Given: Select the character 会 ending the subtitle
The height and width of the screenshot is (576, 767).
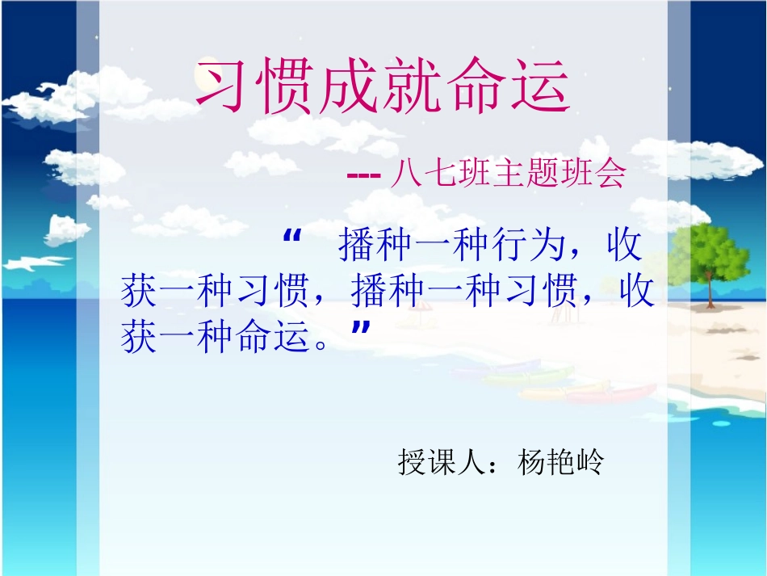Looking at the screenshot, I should coord(610,174).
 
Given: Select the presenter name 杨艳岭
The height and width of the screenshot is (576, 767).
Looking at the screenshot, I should coord(560,462).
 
